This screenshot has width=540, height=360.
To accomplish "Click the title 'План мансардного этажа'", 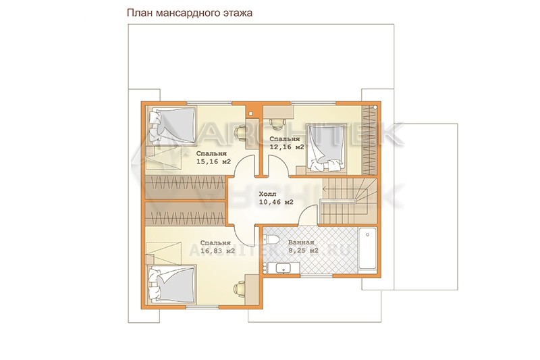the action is (x=190, y=13).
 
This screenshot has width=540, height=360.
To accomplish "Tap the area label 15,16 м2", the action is (x=213, y=161).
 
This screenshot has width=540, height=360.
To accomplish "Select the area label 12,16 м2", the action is (x=287, y=147).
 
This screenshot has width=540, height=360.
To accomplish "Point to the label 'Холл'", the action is (x=267, y=195).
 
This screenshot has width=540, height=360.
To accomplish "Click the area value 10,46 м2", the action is (x=276, y=202).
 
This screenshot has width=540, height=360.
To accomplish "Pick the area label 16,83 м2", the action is (x=217, y=251).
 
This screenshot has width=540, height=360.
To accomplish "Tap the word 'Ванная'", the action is (x=301, y=242).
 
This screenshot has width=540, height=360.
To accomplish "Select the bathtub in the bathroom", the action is (x=367, y=249).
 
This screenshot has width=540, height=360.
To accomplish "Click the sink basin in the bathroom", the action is (x=283, y=267).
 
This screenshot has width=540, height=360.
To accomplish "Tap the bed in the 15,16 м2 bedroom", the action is (x=173, y=126).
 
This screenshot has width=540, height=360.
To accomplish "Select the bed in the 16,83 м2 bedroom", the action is (x=172, y=285).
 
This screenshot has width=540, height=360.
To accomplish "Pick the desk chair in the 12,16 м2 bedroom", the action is (x=277, y=124).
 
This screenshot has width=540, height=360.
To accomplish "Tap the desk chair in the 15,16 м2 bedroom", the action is (x=240, y=133).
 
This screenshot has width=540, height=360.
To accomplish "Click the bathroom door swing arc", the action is (x=307, y=214).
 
